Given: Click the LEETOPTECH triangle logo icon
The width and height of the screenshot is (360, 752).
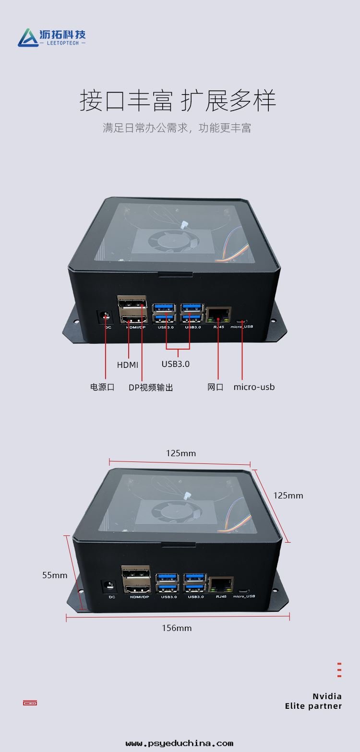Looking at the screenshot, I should (x=28, y=38).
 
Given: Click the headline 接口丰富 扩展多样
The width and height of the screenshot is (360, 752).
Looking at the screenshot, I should (x=178, y=100).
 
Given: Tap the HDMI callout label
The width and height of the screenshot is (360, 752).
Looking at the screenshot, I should (x=128, y=365).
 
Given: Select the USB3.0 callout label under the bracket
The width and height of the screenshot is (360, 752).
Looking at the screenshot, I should (x=175, y=364).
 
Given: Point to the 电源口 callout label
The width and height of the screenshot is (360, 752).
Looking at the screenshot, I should (x=102, y=387).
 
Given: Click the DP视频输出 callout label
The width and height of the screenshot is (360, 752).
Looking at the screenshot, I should (x=151, y=388).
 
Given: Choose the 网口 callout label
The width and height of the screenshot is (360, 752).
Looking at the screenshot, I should (x=216, y=387).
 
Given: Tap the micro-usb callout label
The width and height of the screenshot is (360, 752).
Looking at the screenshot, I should (x=254, y=387).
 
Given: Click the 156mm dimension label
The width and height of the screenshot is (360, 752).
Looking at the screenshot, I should (x=177, y=628).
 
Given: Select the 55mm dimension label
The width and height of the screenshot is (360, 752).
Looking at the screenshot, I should (x=55, y=575).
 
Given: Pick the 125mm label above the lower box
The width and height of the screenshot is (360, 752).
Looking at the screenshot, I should (x=181, y=453).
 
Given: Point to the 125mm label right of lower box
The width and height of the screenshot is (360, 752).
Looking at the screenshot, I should (x=288, y=496).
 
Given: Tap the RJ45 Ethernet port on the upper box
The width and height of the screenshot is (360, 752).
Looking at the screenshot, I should (x=218, y=315).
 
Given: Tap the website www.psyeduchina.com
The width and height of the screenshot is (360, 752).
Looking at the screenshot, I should (x=180, y=743).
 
